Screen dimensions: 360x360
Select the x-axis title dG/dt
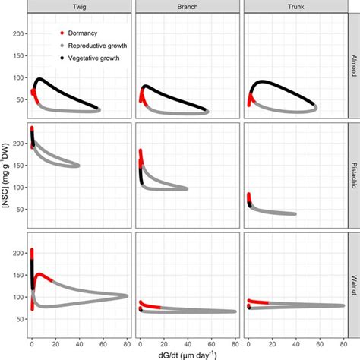tap(186, 352)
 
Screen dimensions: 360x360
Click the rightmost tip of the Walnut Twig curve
tap(127, 296)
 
